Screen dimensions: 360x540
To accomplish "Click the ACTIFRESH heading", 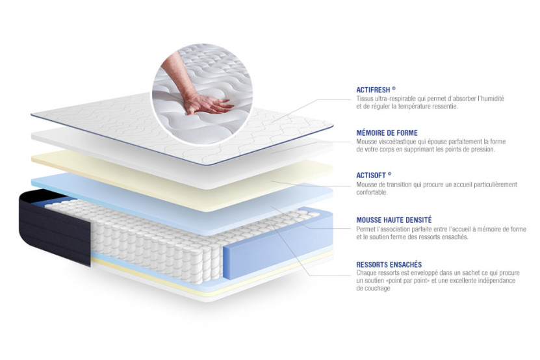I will [376, 90].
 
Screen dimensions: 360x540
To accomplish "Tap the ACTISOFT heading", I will [374, 175].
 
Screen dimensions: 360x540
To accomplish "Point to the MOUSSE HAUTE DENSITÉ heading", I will [394, 220].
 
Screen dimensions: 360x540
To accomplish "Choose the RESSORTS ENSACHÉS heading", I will [389, 264].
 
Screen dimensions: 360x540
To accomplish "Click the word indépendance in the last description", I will [498, 280].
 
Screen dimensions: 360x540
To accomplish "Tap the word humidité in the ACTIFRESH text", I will [491, 98].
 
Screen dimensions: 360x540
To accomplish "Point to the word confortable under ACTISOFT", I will [374, 192].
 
